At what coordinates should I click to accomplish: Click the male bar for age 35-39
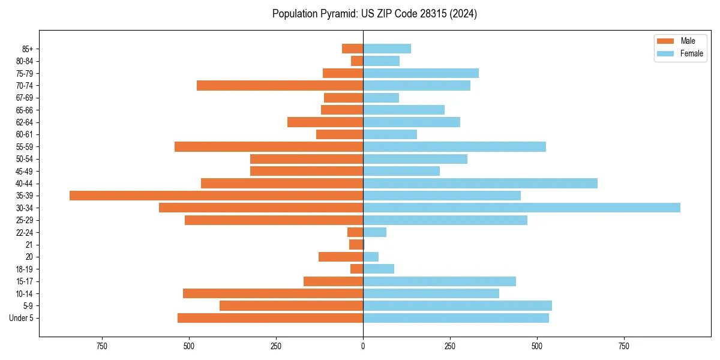[216, 196]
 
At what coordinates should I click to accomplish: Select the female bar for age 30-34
[521, 208]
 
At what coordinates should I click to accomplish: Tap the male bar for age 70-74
[280, 86]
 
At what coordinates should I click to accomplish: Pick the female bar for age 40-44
[480, 183]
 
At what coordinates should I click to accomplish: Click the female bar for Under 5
[456, 318]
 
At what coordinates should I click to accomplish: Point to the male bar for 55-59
[269, 146]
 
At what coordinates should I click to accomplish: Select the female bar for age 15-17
[439, 281]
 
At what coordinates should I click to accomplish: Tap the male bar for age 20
[341, 257]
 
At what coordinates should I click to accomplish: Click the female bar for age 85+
[387, 49]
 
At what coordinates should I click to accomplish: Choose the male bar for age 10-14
[273, 293]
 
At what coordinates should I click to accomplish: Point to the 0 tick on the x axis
[363, 347]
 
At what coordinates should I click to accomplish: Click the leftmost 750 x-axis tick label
[102, 347]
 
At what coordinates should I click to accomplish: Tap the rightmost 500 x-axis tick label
[537, 347]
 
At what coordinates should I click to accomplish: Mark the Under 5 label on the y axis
[22, 318]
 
